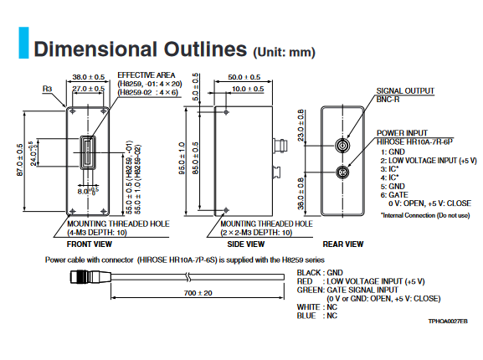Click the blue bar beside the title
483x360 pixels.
point(23,43)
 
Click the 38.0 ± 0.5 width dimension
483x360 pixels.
point(89,77)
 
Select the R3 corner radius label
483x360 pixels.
point(47,89)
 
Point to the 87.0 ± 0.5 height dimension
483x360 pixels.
point(20,160)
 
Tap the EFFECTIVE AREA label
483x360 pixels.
point(146,75)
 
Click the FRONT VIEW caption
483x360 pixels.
point(90,244)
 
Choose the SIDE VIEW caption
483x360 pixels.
point(246,244)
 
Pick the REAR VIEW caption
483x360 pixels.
point(343,244)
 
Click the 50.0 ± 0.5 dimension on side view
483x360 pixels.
point(244,77)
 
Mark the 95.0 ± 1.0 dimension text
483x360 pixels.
point(182,158)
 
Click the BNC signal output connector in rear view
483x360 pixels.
point(342,146)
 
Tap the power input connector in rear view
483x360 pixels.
point(342,172)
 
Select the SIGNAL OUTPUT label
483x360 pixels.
point(405,91)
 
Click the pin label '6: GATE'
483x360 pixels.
point(394,195)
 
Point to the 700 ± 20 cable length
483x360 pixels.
point(198,293)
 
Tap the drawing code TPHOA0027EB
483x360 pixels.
point(448,321)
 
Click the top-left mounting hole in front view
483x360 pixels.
point(73,111)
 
